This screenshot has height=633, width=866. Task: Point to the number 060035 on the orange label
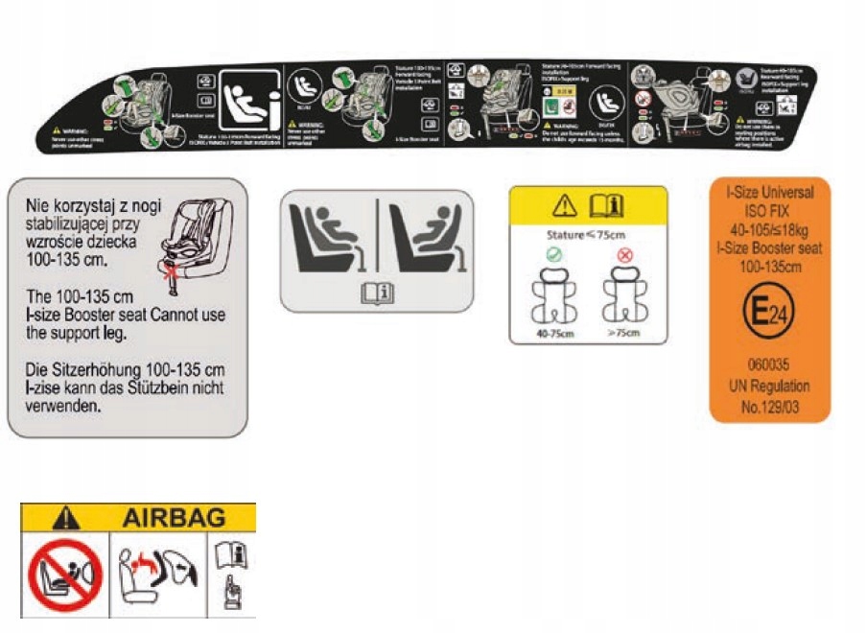click(x=769, y=364)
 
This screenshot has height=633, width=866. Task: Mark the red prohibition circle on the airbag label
click(x=65, y=574)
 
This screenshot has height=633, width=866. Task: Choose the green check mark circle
click(x=551, y=256)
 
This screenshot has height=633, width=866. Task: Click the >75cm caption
click(x=624, y=334)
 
